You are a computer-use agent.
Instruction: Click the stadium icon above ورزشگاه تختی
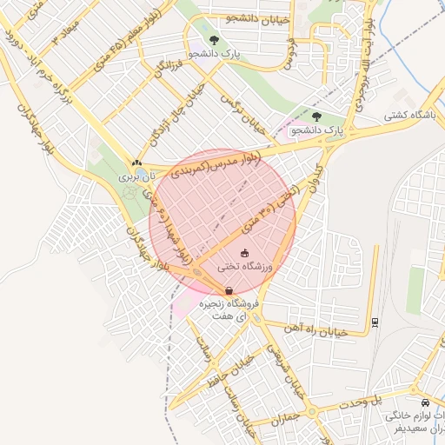tap(243, 254)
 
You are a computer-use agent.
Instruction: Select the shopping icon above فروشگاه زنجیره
tap(229, 291)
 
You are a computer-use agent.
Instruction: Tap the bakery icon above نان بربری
tap(136, 163)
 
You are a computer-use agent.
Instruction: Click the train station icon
tap(375, 322)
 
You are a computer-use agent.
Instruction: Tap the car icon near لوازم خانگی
tap(424, 403)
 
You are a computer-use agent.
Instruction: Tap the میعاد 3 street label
tap(64, 34)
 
